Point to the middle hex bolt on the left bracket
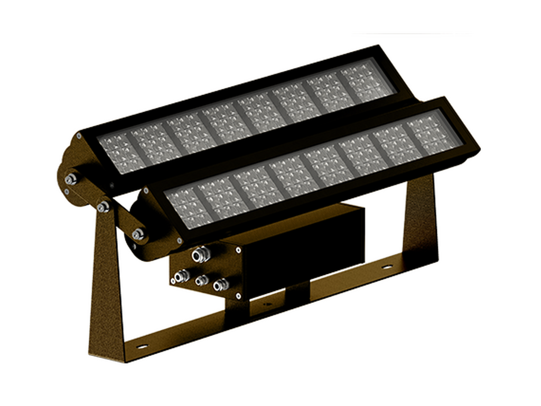[x=102, y=207]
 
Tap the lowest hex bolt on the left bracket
[x=138, y=234]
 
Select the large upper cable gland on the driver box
[x=199, y=255]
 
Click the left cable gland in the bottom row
[x=181, y=275]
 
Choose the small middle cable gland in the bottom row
[x=201, y=281]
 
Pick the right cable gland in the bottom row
[x=220, y=285]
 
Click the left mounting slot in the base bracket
[x=142, y=347]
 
